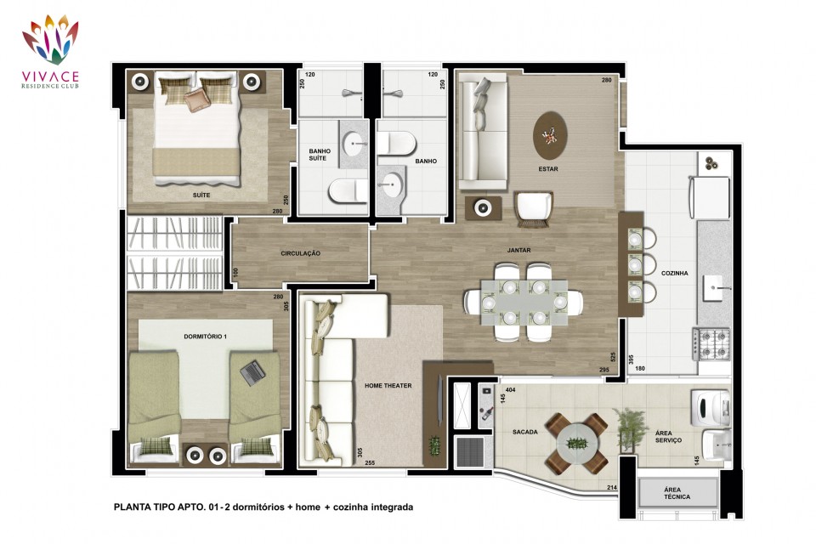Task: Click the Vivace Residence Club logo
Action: [50, 51]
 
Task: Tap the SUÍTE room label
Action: [201, 195]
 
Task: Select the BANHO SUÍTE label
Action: [319, 155]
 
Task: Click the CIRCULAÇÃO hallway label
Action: [300, 253]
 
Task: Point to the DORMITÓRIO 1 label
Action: [205, 337]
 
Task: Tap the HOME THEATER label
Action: [388, 386]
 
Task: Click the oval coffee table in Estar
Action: [550, 136]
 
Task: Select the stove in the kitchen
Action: [711, 343]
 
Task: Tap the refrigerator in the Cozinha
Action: [709, 197]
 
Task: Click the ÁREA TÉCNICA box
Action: [677, 493]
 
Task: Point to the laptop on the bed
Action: [253, 373]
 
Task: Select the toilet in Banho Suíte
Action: [348, 191]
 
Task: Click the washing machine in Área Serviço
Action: [711, 406]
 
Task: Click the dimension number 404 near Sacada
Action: [510, 389]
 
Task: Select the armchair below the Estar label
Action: [534, 208]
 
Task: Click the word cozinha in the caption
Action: [350, 507]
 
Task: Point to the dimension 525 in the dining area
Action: [613, 357]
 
